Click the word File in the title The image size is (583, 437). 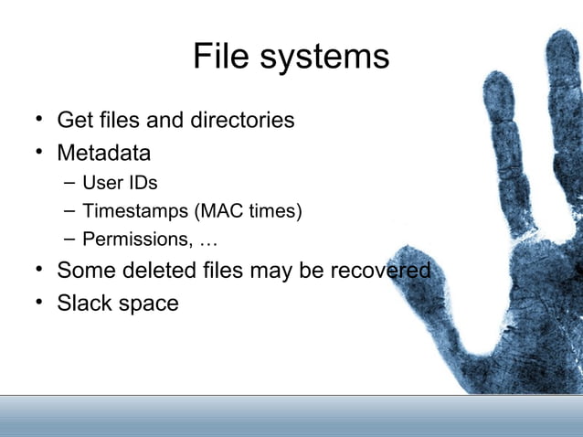tap(218, 58)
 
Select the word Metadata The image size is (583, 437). tap(103, 151)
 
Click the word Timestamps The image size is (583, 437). tap(135, 211)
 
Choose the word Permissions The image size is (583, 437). tap(131, 240)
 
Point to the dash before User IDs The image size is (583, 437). tap(69, 182)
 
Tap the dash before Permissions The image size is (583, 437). tap(69, 240)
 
